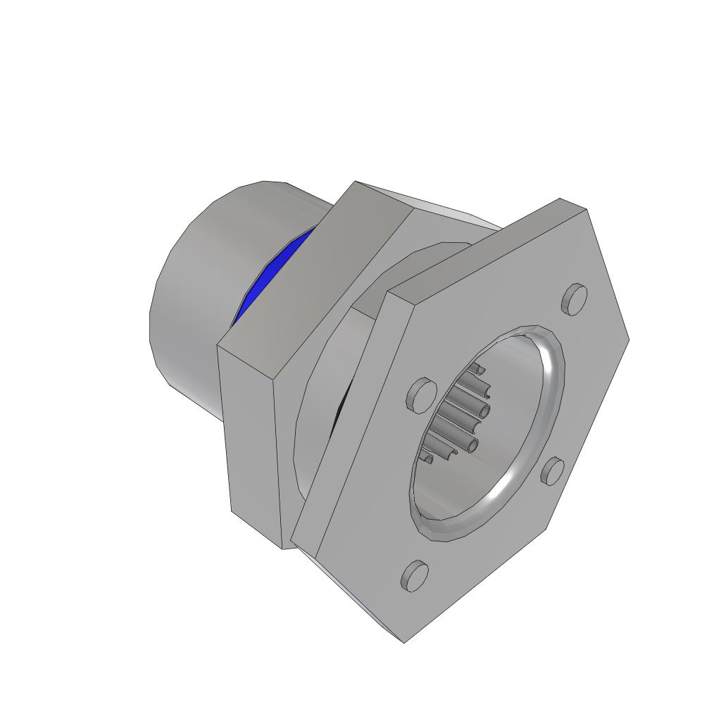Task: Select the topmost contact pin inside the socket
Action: coord(477,368)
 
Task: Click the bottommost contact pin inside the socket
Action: coord(426,458)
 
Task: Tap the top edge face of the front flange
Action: coord(486,246)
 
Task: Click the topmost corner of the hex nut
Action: coord(355,182)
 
